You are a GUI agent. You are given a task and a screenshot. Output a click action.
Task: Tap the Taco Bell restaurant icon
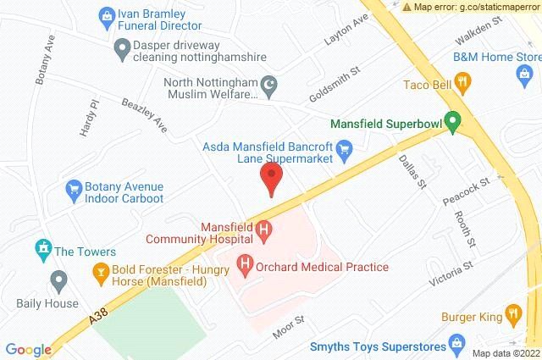pyautogui.click(x=462, y=82)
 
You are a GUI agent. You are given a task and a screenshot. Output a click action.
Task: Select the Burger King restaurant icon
pyautogui.click(x=512, y=314)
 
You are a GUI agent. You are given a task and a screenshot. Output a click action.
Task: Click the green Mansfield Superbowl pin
pyautogui.click(x=453, y=124)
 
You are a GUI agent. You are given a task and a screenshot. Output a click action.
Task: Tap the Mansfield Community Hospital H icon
pyautogui.click(x=264, y=229)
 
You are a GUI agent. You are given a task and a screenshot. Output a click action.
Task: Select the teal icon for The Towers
pyautogui.click(x=43, y=250)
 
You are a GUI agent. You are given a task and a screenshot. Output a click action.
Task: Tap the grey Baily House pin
pyautogui.click(x=58, y=279)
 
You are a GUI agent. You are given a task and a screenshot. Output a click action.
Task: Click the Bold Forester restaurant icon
pyautogui.click(x=99, y=272)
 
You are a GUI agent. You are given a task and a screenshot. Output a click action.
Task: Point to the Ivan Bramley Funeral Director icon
pyautogui.click(x=107, y=14)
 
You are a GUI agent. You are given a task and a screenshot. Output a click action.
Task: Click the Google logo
pyautogui.click(x=29, y=349)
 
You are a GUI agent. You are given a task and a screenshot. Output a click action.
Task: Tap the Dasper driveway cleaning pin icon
pyautogui.click(x=124, y=51)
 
